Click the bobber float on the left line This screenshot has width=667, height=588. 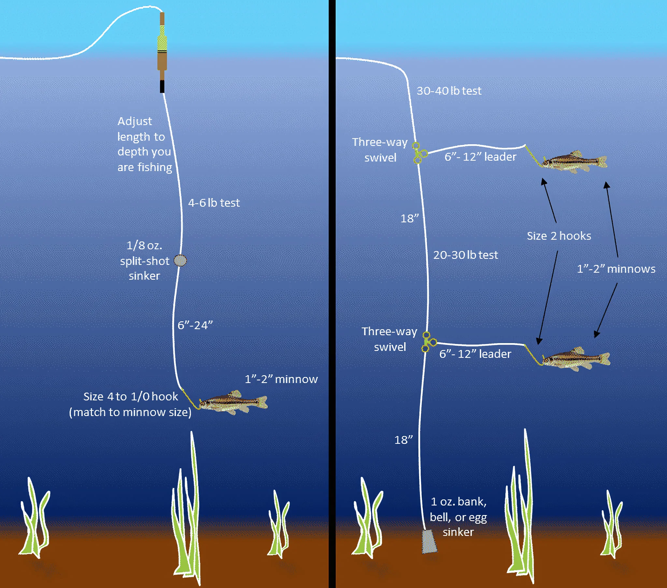pos(162,52)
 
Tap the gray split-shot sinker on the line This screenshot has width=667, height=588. pos(180,261)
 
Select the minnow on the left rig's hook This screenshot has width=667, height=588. pos(233,403)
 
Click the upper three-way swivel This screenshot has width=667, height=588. pos(419,153)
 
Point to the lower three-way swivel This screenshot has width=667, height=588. pos(429,342)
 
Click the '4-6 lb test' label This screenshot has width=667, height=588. pos(214,203)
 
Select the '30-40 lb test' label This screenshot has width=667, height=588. pos(449,91)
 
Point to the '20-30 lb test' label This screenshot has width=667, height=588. pos(465,255)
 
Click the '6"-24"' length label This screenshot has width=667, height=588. pos(195,325)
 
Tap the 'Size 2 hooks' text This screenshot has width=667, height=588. pos(559,236)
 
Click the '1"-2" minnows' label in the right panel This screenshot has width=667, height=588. pos(616,269)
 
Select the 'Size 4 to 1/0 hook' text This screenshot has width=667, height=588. pos(131,396)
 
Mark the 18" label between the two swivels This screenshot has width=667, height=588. pos(409,218)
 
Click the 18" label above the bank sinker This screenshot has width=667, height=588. pos(403,440)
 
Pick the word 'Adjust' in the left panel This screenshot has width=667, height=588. pos(135,122)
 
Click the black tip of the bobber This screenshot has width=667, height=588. pos(162,87)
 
